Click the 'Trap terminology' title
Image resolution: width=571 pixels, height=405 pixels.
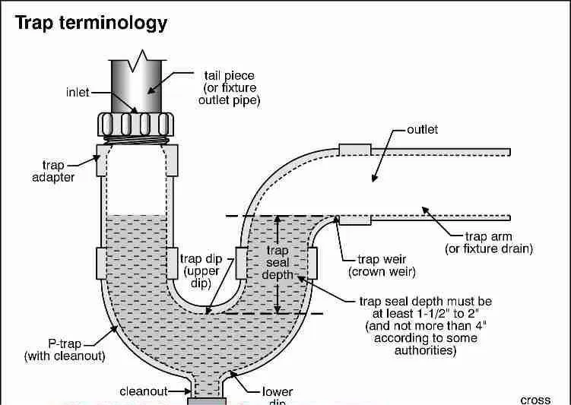[x=91, y=22]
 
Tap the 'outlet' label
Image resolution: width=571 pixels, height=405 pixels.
[x=422, y=130]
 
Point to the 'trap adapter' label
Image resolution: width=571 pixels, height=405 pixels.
[x=58, y=171]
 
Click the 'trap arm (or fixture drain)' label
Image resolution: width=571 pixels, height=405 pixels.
[x=488, y=242]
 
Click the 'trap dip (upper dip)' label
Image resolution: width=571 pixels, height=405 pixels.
[x=201, y=271]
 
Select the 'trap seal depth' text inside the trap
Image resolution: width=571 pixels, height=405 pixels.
[x=278, y=262]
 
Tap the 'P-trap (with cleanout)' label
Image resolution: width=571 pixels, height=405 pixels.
[x=65, y=350]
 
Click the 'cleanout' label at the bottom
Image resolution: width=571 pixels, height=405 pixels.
[x=143, y=392]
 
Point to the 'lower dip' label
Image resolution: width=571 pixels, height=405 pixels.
[x=278, y=394]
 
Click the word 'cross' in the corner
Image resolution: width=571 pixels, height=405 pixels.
[x=535, y=400]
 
